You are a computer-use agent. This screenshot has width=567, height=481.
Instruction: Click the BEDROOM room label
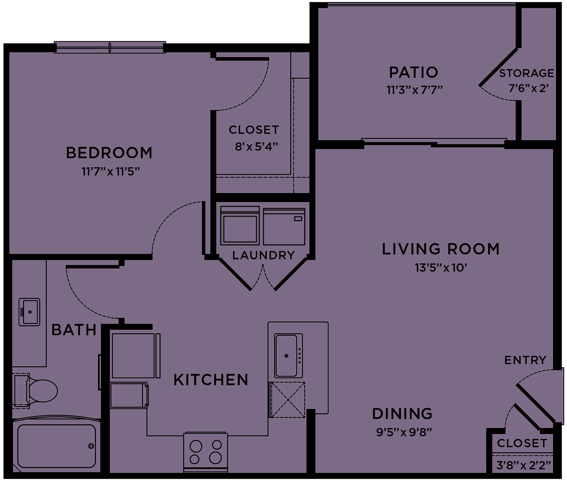point(109,153)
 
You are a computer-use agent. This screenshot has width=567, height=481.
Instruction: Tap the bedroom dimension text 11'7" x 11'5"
point(110,172)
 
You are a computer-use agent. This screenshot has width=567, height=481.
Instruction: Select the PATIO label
point(413,72)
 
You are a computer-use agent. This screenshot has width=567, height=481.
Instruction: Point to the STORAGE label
point(526,73)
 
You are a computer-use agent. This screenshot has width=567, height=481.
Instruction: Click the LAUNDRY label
point(263,256)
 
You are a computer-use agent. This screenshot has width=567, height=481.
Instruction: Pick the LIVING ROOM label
point(441,249)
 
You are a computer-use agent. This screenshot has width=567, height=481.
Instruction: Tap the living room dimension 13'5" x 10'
point(441,268)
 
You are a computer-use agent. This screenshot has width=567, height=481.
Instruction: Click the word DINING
point(402,414)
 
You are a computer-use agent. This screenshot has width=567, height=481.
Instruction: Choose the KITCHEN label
point(211,380)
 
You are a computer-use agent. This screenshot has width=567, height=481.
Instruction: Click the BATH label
point(74,330)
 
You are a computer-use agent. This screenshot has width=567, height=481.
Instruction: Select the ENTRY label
point(525,360)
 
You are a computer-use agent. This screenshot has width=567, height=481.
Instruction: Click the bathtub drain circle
point(91,446)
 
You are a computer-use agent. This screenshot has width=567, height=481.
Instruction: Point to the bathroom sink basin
point(29,312)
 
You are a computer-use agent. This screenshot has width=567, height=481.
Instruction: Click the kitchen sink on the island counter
point(288,355)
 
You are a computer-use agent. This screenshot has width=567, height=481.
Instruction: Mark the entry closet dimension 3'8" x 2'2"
point(523,466)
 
